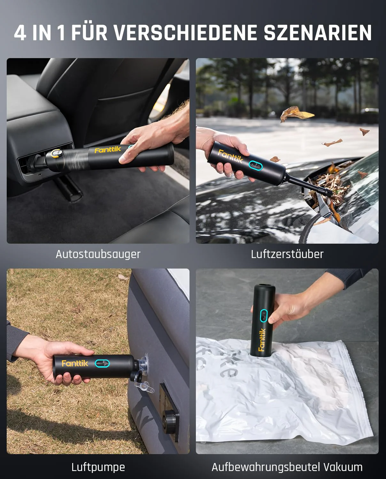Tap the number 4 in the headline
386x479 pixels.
(20, 33)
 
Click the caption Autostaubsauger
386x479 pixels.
(98, 254)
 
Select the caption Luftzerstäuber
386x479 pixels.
(287, 254)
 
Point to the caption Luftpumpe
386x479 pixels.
(98, 467)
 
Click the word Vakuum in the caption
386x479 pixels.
(343, 467)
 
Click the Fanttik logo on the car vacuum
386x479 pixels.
(108, 150)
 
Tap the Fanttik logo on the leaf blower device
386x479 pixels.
(230, 156)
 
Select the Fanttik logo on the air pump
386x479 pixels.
(75, 363)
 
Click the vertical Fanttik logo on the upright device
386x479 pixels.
(262, 340)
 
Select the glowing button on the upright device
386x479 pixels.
(264, 316)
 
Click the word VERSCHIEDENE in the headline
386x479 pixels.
(185, 33)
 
